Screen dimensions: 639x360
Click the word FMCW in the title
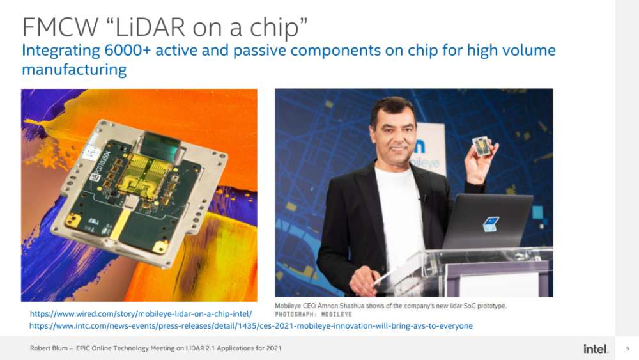point(60,27)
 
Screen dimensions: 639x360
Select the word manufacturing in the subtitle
point(74,69)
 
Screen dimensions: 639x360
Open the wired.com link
point(141,314)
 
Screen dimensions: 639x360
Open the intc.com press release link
point(251,326)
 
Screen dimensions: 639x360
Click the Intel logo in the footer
point(596,348)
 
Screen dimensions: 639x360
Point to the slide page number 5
point(627,348)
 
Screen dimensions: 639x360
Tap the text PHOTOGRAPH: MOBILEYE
point(313,315)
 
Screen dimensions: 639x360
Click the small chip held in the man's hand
point(481,146)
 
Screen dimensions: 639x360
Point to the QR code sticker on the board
point(95,177)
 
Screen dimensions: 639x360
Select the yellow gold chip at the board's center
point(143,176)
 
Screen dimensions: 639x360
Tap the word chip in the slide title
point(279,27)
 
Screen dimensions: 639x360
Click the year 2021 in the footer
point(274,348)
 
